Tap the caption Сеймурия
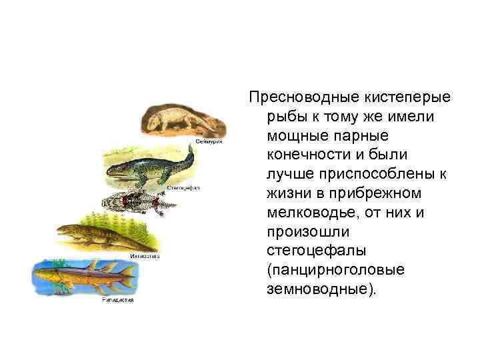(x=209, y=142)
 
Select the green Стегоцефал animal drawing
(x=149, y=170)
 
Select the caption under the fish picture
(x=118, y=300)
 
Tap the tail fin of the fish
(x=127, y=274)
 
